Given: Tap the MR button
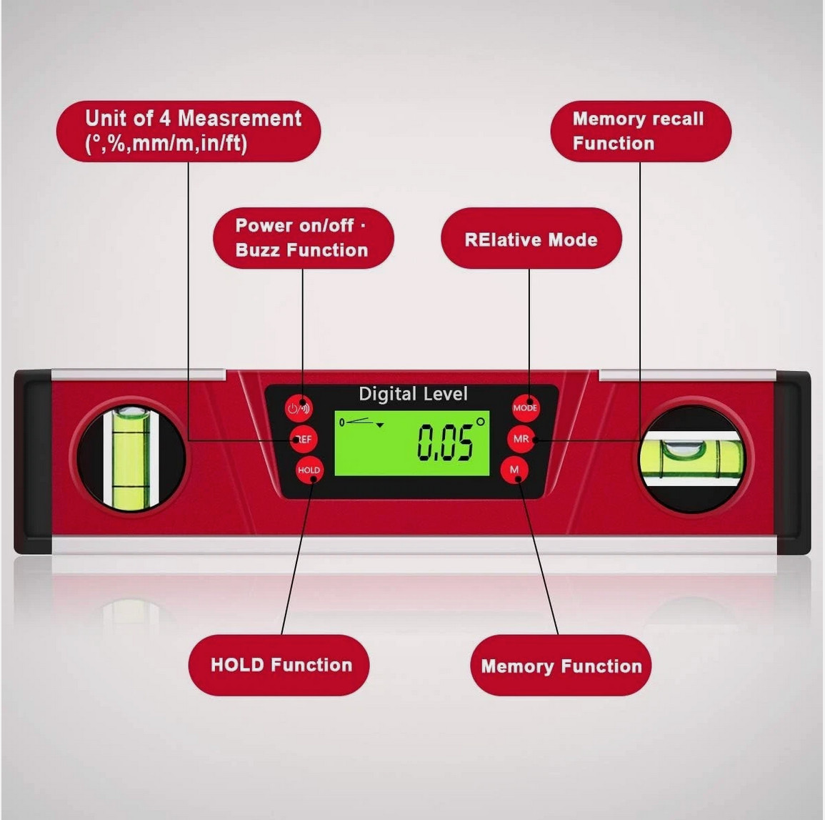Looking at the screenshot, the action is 521,439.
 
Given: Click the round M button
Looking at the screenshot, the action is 514,470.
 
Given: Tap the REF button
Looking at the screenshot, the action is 304,439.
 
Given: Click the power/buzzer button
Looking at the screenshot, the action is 299,408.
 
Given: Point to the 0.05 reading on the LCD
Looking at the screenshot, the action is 445,443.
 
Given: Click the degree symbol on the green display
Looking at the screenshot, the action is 481,422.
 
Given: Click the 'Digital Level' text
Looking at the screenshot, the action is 413,394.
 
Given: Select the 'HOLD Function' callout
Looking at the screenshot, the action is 279,665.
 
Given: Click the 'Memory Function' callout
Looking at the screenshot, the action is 561,666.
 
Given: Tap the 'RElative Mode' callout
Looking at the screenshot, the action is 531,238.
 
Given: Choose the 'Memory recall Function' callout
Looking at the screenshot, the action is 641,131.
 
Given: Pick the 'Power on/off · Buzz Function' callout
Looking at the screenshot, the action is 304,238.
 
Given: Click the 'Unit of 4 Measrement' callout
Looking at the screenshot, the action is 189,131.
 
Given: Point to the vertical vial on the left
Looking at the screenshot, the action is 131,458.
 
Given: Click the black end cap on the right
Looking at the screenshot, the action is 794,463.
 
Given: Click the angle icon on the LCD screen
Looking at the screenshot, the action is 361,422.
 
